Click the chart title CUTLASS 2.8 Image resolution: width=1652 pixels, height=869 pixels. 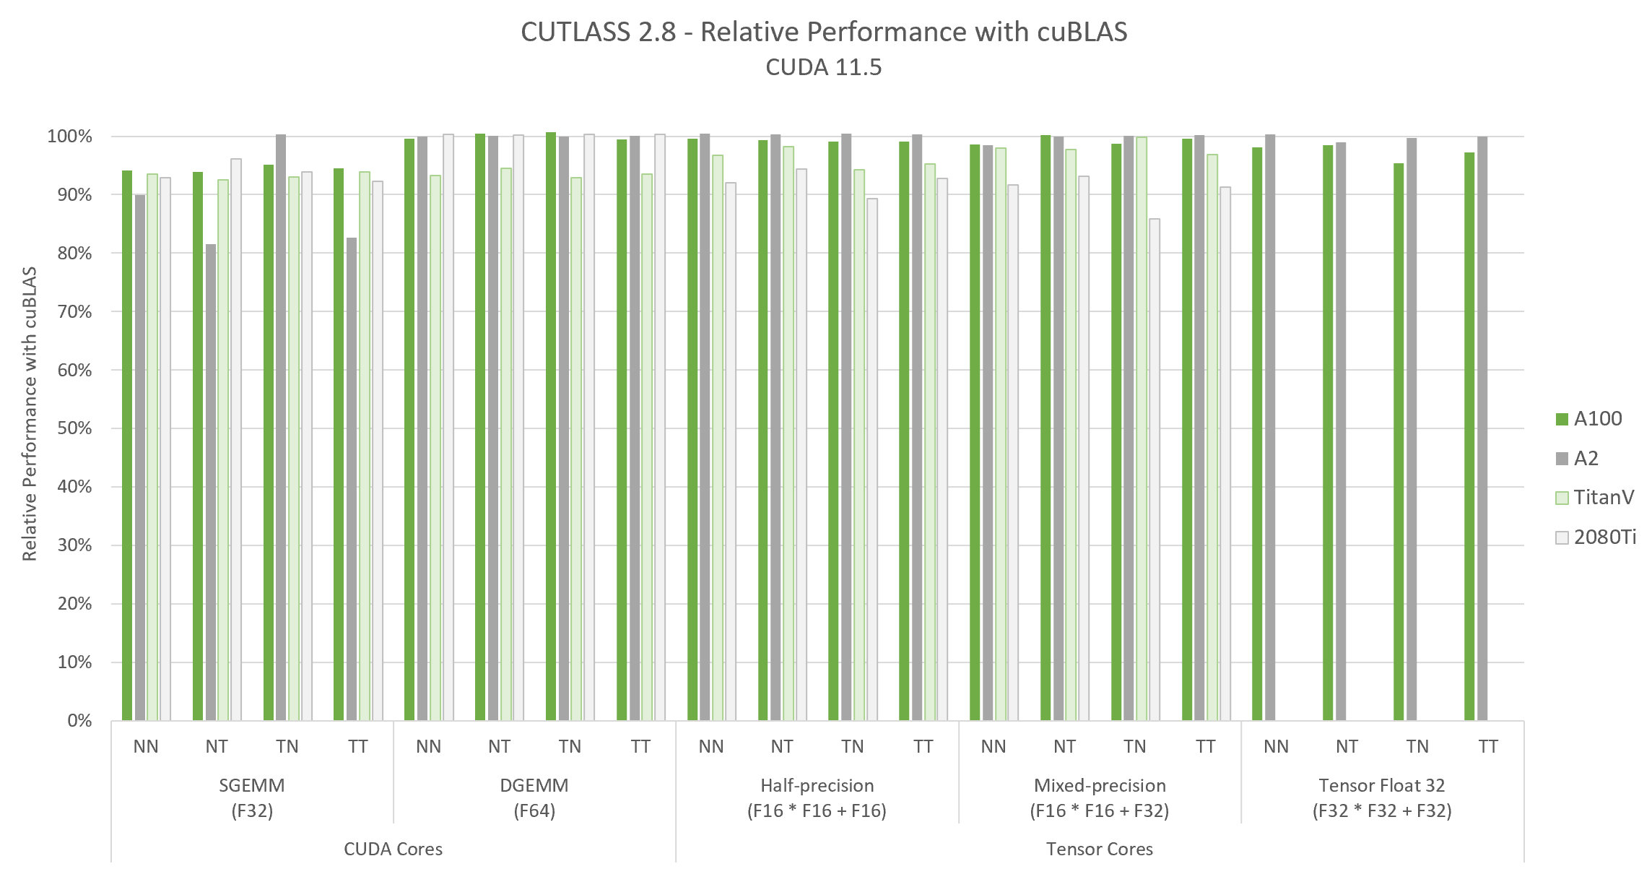[x=823, y=33]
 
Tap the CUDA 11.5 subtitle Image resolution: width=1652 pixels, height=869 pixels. [x=823, y=67]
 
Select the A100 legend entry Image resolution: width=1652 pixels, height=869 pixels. [x=1589, y=419]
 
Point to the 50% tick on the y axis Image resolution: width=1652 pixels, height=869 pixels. [x=74, y=428]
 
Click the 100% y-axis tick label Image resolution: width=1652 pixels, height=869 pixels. [x=70, y=137]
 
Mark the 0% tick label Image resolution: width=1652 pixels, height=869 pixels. [x=79, y=720]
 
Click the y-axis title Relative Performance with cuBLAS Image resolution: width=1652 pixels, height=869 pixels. [x=29, y=414]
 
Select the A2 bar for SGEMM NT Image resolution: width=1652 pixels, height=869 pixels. [x=211, y=483]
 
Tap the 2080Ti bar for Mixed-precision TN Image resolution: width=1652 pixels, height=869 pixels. [x=1155, y=470]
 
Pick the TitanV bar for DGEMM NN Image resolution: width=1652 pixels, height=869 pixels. [x=435, y=448]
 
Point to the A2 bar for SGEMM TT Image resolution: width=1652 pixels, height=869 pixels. [x=352, y=479]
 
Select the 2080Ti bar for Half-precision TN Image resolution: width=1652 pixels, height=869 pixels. [x=872, y=459]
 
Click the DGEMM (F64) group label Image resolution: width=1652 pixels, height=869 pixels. [x=534, y=797]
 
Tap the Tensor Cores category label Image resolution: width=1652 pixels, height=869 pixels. [x=1099, y=849]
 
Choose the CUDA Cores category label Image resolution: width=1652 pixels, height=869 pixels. [x=393, y=849]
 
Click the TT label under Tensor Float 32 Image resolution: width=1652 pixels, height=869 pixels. [x=1488, y=746]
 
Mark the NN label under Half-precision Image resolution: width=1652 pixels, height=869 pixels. [x=711, y=746]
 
